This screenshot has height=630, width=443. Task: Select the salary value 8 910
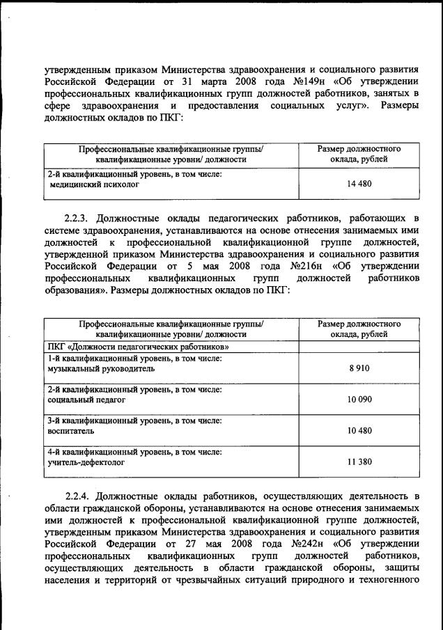359,369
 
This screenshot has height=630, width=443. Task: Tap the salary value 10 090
359,400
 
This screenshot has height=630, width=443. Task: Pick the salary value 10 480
359,431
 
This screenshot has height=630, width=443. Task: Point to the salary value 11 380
359,462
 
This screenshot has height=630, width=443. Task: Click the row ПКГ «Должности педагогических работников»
139,346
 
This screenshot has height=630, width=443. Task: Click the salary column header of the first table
359,154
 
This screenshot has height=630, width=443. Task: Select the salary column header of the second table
359,329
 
